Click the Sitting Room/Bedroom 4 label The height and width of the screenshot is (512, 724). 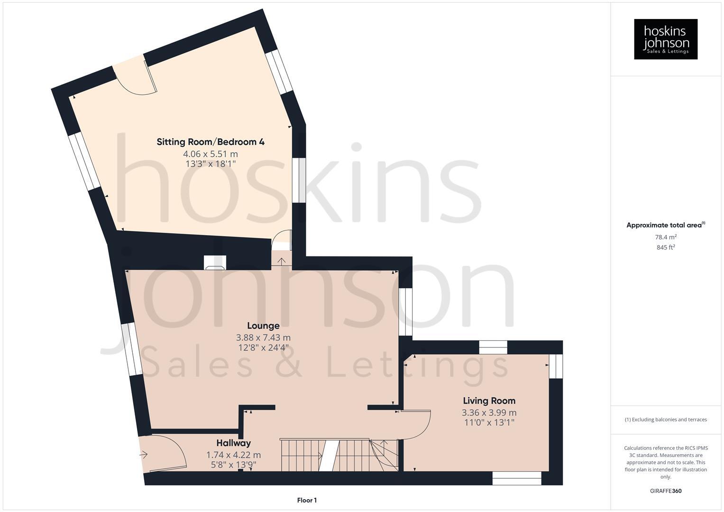[x=211, y=142]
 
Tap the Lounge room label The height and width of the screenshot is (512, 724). [x=263, y=326]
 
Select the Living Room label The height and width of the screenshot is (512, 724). [x=489, y=401]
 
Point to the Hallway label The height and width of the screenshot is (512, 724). [x=233, y=443]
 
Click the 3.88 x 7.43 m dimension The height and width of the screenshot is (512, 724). [x=263, y=338]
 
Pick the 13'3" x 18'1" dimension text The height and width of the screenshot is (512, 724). [x=211, y=164]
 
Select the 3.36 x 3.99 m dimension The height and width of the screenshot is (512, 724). [x=489, y=412]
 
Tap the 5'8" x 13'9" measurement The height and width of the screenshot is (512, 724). [x=233, y=465]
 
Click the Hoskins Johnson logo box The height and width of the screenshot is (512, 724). [x=665, y=39]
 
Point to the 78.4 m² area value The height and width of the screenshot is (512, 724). [x=665, y=237]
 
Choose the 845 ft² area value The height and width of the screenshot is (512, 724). [x=665, y=247]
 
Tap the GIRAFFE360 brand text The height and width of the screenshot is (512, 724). [x=665, y=491]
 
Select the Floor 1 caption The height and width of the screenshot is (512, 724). [x=307, y=500]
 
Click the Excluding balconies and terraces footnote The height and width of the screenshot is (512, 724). [x=665, y=420]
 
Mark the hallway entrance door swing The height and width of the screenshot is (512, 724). [x=164, y=453]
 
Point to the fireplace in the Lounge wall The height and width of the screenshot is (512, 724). [x=215, y=263]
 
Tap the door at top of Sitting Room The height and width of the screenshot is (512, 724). [x=135, y=78]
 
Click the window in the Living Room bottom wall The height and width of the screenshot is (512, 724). [x=517, y=478]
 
